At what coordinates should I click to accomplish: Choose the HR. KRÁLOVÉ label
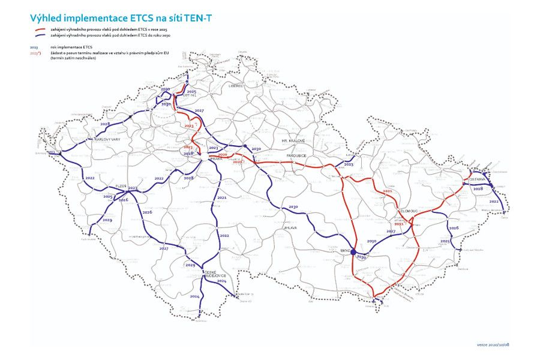293,140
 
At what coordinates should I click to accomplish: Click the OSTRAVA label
478,180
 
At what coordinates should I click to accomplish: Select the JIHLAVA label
290,228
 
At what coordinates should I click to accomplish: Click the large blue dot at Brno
353,252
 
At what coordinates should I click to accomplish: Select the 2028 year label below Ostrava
478,188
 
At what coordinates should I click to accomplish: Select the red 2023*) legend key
35,53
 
